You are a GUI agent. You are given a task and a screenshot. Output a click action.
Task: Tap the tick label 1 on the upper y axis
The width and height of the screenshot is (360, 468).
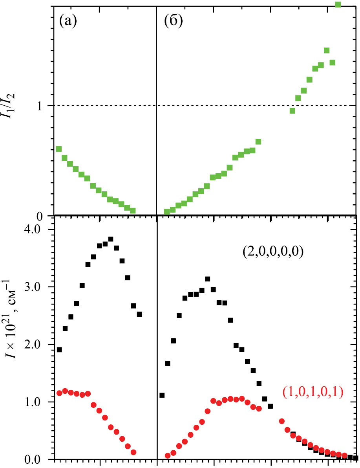(x=45, y=106)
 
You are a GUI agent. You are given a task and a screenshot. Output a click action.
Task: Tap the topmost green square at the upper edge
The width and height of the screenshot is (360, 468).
(x=338, y=4)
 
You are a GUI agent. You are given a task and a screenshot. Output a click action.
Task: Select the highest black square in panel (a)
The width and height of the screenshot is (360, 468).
(x=111, y=239)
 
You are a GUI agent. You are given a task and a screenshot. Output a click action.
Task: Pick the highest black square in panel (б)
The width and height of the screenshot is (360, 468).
(x=208, y=279)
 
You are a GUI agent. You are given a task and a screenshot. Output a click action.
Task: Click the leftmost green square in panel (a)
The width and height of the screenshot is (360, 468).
(x=59, y=149)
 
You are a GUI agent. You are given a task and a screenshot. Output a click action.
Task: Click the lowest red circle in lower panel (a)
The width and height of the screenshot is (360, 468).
(x=133, y=452)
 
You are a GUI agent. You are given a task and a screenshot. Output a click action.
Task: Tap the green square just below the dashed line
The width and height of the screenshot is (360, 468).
(x=292, y=111)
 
